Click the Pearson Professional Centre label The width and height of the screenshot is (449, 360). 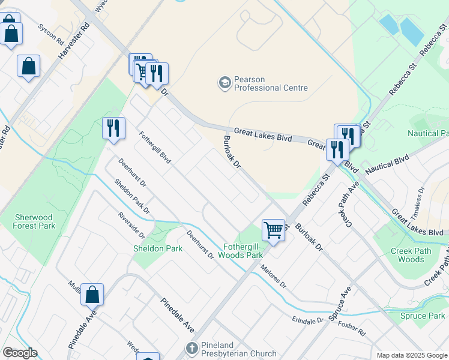click(x=271, y=83)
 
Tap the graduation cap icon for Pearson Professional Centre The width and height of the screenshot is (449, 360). click(x=224, y=82)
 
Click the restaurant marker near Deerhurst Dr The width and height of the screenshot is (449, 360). click(x=113, y=128)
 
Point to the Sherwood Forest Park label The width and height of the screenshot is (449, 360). click(x=35, y=221)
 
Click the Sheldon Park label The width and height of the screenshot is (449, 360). click(x=158, y=248)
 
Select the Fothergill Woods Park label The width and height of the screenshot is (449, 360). click(x=243, y=251)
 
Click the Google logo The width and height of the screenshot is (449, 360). click(x=20, y=353)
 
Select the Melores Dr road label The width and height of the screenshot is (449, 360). click(x=274, y=279)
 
